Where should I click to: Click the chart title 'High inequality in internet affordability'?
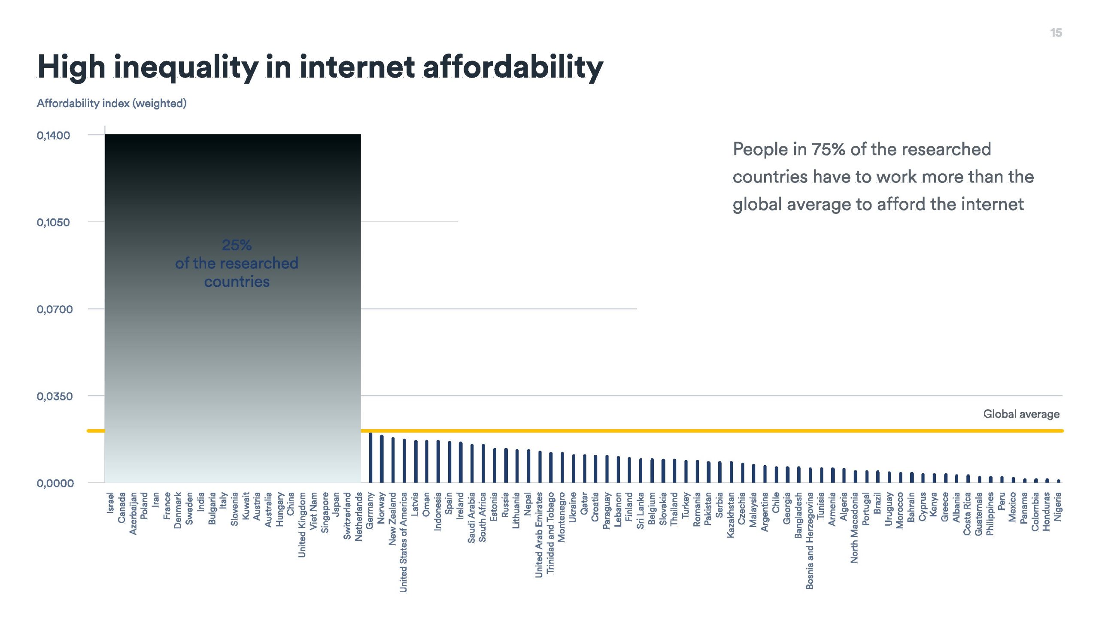point(320,67)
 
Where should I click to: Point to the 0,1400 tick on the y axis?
point(53,136)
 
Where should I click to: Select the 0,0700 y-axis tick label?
point(55,309)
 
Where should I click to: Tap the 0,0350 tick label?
point(55,396)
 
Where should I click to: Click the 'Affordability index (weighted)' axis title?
point(112,103)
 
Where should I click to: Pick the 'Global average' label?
point(1021,414)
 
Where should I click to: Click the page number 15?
point(1056,33)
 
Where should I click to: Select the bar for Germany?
point(370,457)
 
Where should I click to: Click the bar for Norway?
point(382,459)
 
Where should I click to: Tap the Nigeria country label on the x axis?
point(1058,506)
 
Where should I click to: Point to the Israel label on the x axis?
point(110,503)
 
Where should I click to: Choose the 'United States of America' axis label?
point(403,542)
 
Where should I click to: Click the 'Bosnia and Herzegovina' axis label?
point(809,540)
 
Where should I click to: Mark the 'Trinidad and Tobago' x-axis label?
point(550,533)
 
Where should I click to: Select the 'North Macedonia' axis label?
point(854,527)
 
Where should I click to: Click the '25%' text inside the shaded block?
point(237,245)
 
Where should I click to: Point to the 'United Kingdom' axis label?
point(302,525)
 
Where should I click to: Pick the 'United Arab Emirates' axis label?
point(539,535)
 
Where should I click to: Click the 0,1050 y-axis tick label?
point(53,222)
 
